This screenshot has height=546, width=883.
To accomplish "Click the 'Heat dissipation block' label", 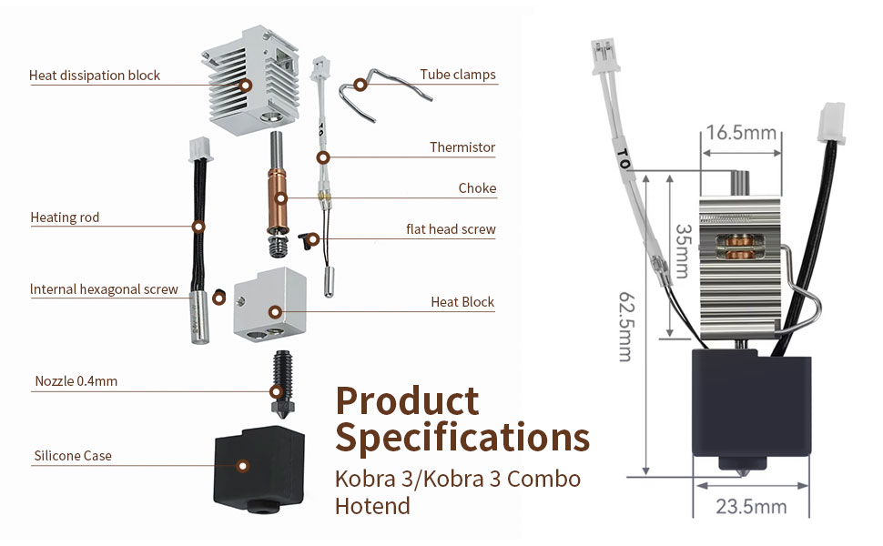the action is pos(95,76).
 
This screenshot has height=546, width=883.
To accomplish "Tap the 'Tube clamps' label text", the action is pos(458,75).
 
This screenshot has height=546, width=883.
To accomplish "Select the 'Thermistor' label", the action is pos(462,147).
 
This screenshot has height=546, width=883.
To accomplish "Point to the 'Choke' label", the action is pos(477,188).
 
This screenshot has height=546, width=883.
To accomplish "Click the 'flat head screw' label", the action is pos(451,229).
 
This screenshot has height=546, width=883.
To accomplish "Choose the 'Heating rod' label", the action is pos(65,217).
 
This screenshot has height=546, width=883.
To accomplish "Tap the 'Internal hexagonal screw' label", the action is pos(104,289).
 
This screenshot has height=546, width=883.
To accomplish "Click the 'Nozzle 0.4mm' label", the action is pos(76,381).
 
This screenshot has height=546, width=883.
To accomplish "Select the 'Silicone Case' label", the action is pos(73,456).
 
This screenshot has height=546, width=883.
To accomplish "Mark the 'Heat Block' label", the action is pos(462,302).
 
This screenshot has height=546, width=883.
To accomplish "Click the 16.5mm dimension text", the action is pos(741,133).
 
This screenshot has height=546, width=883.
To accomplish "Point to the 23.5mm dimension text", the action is pos(751,507).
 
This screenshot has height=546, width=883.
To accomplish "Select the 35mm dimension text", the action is pos(683,251).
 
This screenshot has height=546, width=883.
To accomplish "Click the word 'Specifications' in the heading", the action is pos(462,438).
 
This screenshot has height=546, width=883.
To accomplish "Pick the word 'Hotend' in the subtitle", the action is pos(372,506).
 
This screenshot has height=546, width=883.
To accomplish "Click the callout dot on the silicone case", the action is pos(243,466).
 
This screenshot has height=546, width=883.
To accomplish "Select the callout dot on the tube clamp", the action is pos(360,85).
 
